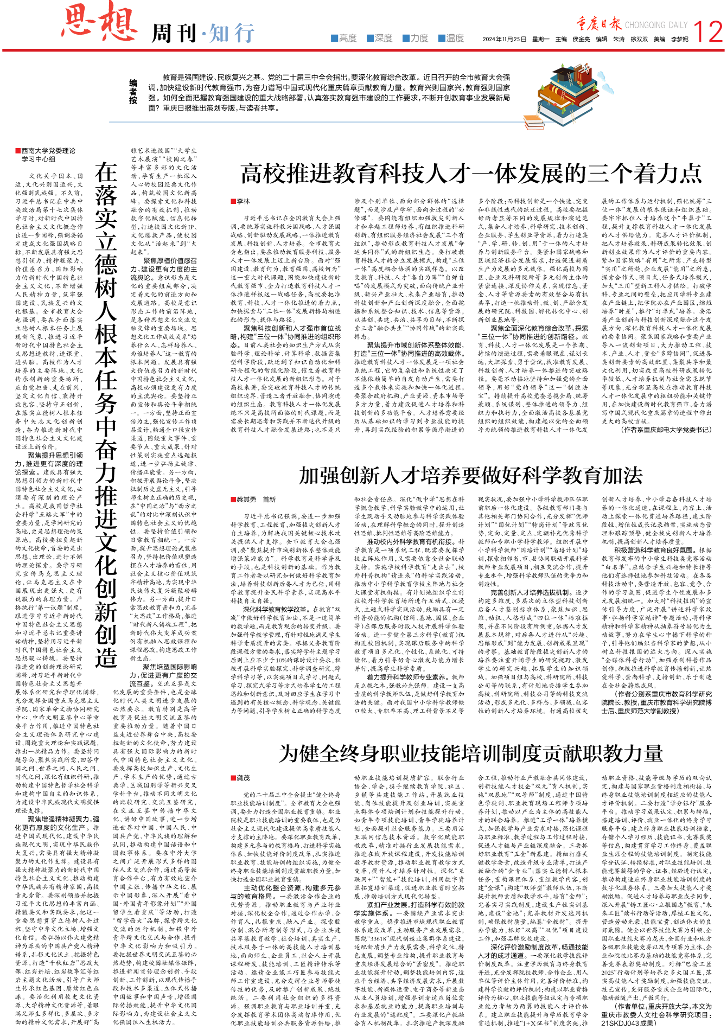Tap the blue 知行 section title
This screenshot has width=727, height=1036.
pyautogui.click(x=232, y=34)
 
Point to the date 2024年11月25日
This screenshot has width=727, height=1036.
pyautogui.click(x=505, y=39)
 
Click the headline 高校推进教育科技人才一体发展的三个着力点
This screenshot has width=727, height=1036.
pyautogui.click(x=471, y=174)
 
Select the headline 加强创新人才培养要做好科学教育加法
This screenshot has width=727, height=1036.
pyautogui.click(x=471, y=475)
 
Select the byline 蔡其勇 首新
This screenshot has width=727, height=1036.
pyautogui.click(x=255, y=500)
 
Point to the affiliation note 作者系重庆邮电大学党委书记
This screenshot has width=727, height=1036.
pyautogui.click(x=666, y=430)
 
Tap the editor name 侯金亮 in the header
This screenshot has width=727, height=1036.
pyautogui.click(x=581, y=39)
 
